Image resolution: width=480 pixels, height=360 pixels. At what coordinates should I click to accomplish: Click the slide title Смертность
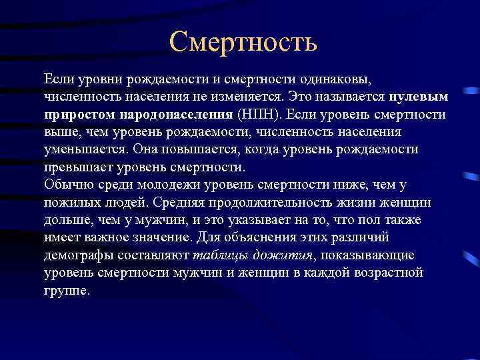pyautogui.click(x=243, y=42)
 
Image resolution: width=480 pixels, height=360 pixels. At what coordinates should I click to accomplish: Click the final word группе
pyautogui.click(x=66, y=291)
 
